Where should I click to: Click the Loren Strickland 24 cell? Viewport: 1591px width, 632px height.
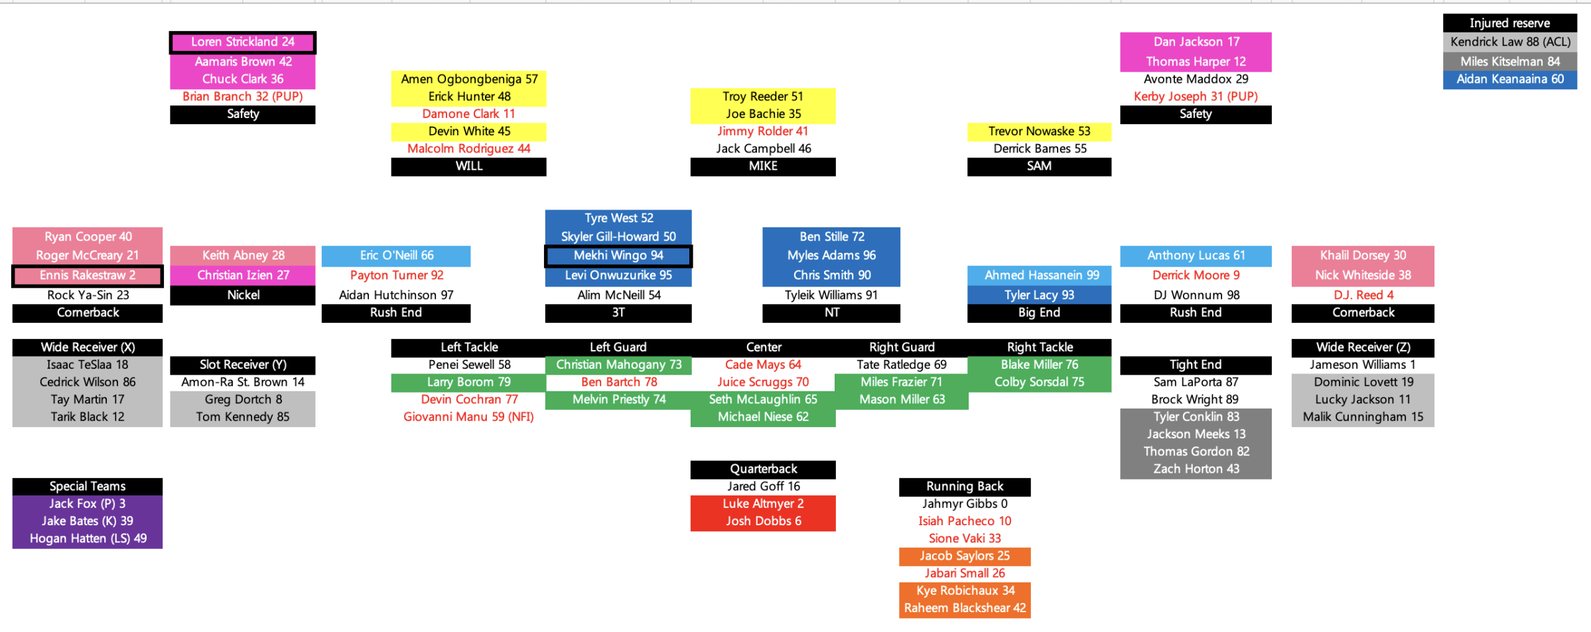click(243, 42)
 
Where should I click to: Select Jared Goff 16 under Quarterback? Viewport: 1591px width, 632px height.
click(763, 486)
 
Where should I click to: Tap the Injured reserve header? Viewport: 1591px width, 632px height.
click(1509, 23)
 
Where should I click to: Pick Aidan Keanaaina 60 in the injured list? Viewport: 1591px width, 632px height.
click(1509, 79)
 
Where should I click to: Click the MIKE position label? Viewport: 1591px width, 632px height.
click(763, 166)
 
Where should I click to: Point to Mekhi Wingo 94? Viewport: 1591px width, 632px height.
click(618, 256)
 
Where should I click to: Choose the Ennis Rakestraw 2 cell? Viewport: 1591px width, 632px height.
click(88, 275)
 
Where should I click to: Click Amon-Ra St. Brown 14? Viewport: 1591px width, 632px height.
click(243, 382)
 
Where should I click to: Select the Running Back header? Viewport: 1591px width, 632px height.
click(965, 487)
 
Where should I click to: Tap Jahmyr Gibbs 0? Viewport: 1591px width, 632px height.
click(965, 504)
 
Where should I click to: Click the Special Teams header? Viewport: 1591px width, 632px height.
click(88, 487)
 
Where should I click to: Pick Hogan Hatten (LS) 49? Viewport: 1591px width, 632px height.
click(88, 538)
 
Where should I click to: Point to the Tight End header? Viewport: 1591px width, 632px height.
click(1196, 365)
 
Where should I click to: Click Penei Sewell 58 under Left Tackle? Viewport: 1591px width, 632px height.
click(469, 365)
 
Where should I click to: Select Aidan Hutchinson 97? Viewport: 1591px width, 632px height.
click(396, 295)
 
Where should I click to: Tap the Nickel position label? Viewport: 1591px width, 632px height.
click(243, 295)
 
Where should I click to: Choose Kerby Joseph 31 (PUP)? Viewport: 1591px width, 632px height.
click(1196, 97)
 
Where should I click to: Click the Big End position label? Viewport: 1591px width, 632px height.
click(1039, 313)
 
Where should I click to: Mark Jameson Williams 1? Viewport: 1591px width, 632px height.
click(1363, 365)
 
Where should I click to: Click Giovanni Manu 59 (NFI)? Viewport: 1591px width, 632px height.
click(469, 417)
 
